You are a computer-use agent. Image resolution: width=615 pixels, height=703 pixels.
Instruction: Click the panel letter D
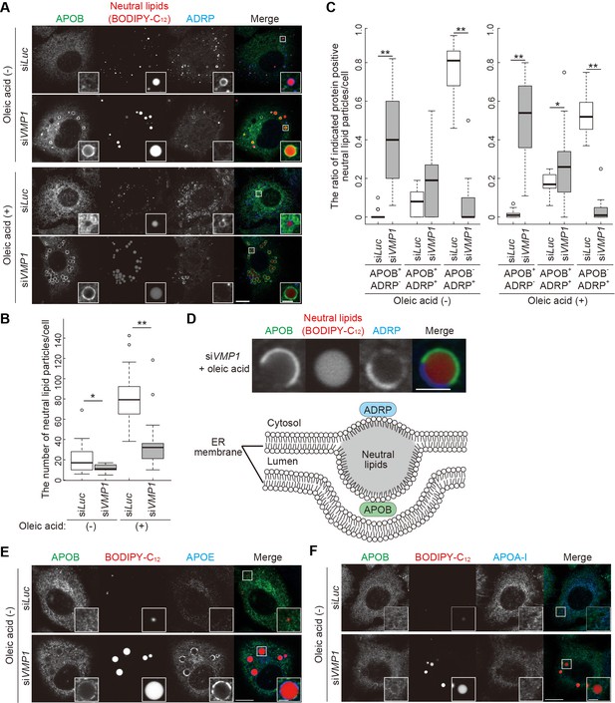click(191, 319)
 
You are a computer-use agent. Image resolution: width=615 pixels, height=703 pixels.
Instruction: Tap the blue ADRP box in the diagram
click(378, 410)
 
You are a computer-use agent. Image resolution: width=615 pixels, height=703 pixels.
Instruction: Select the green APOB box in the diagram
click(378, 510)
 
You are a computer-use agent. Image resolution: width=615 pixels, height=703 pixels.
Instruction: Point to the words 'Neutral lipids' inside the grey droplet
click(378, 460)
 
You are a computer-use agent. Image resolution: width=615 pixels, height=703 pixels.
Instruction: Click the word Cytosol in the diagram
click(284, 423)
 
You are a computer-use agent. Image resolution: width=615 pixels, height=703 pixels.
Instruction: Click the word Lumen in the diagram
click(282, 461)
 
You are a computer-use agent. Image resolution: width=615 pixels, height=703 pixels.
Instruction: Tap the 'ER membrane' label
click(218, 447)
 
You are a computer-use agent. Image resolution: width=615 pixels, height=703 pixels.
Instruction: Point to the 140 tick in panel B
click(57, 338)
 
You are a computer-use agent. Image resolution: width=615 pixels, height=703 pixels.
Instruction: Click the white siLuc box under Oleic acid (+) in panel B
click(130, 400)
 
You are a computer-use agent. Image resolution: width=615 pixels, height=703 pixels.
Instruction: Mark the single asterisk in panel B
click(93, 396)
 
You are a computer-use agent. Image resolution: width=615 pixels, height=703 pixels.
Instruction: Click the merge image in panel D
click(440, 365)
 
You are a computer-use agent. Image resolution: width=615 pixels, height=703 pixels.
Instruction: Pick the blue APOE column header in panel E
click(200, 557)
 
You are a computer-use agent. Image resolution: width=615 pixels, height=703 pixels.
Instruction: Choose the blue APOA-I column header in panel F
click(509, 557)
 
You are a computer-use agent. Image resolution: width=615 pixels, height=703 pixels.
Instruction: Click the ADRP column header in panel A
click(200, 19)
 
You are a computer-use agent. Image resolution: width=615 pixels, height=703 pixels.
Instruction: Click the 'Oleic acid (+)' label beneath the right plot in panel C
click(557, 300)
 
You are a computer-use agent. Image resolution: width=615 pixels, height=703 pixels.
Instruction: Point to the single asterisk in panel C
click(557, 105)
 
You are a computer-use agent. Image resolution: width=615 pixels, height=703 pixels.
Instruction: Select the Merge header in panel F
click(577, 557)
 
